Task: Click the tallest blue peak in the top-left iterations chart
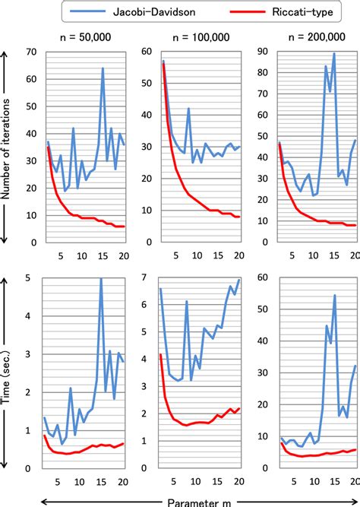[103, 68]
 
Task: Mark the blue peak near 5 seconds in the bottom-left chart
[102, 279]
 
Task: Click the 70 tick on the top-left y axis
[32, 52]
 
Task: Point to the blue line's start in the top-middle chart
[163, 60]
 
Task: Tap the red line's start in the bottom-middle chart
[160, 354]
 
